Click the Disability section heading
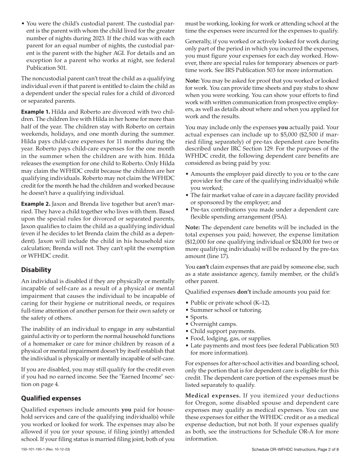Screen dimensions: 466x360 36,270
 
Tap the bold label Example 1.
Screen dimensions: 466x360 35,112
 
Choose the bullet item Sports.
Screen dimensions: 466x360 199,317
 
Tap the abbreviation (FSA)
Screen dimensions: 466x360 279,217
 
